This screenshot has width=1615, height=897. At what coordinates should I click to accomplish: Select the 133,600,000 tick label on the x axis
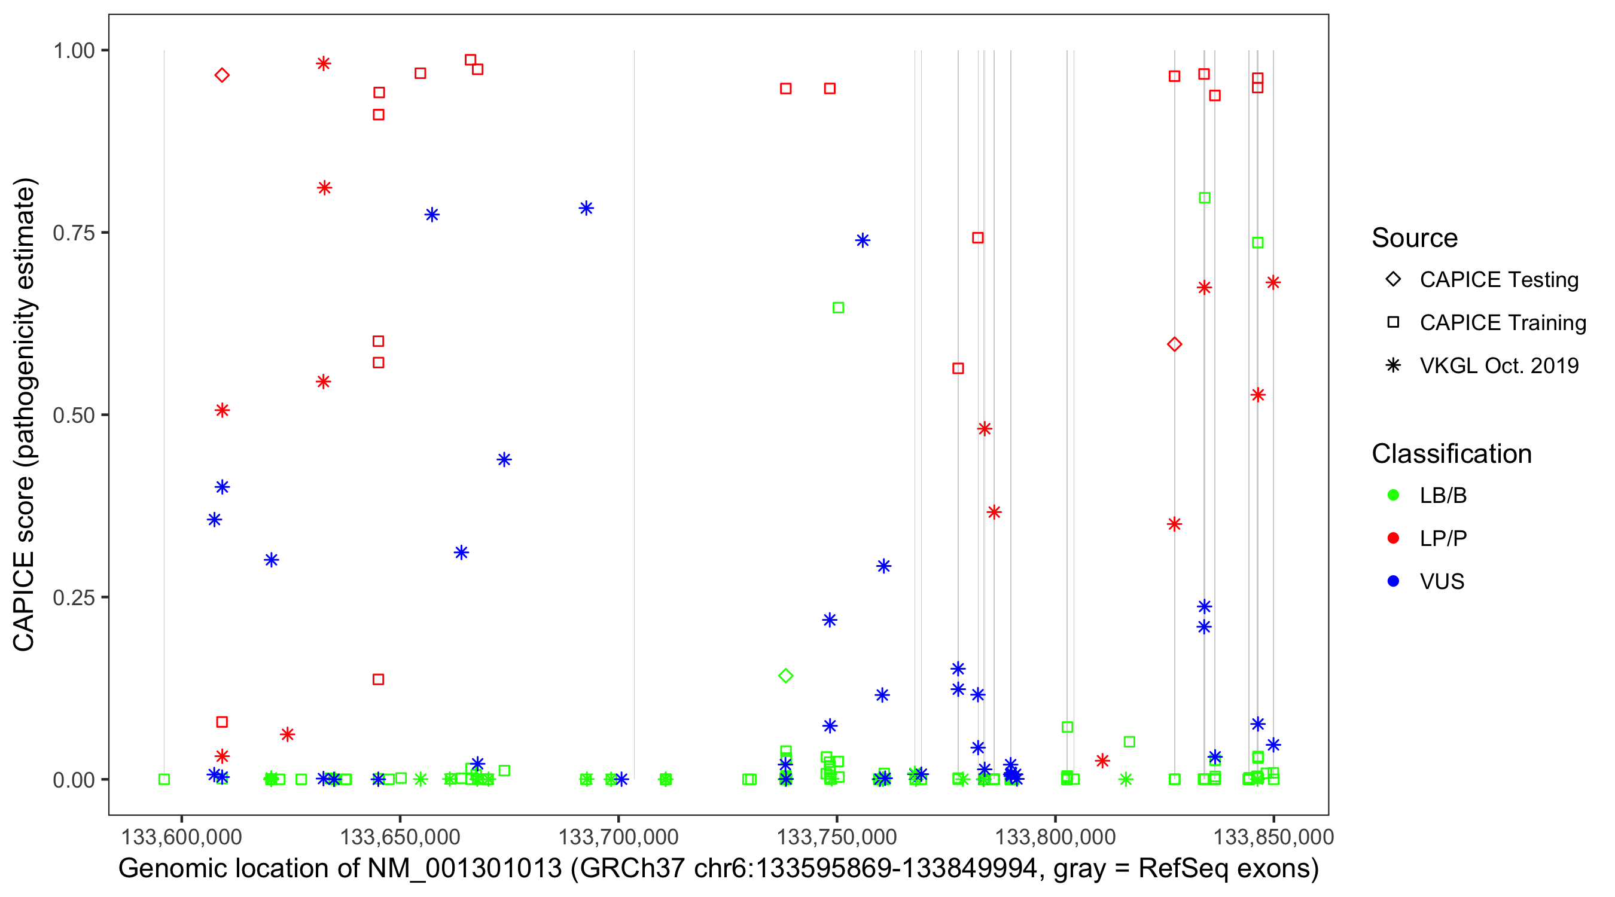pos(181,837)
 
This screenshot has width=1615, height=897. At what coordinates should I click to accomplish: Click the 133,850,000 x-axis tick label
pos(1273,837)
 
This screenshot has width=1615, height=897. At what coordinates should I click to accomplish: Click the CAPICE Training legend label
pos(1503,323)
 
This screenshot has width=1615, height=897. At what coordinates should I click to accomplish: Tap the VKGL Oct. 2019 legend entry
pos(1498,366)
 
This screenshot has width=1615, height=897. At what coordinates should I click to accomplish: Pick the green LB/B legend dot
pos(1393,495)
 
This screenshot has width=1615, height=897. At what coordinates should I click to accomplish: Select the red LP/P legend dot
pos(1393,538)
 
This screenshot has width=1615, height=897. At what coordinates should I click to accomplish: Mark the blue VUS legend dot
pos(1393,581)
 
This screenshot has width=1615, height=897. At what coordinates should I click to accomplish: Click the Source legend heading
pos(1415,238)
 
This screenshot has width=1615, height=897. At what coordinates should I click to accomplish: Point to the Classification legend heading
pos(1451,454)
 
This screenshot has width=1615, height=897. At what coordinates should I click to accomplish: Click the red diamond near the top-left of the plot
pos(222,75)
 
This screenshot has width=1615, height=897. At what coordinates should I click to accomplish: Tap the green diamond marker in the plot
pos(785,676)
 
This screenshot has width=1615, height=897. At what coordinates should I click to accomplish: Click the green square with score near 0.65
pos(838,308)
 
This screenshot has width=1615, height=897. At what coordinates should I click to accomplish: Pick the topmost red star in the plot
pos(324,63)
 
